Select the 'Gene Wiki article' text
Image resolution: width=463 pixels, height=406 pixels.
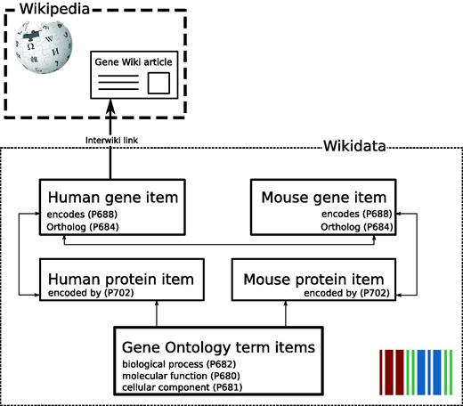click(134, 64)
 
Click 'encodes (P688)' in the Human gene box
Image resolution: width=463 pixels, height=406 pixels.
click(77, 214)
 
